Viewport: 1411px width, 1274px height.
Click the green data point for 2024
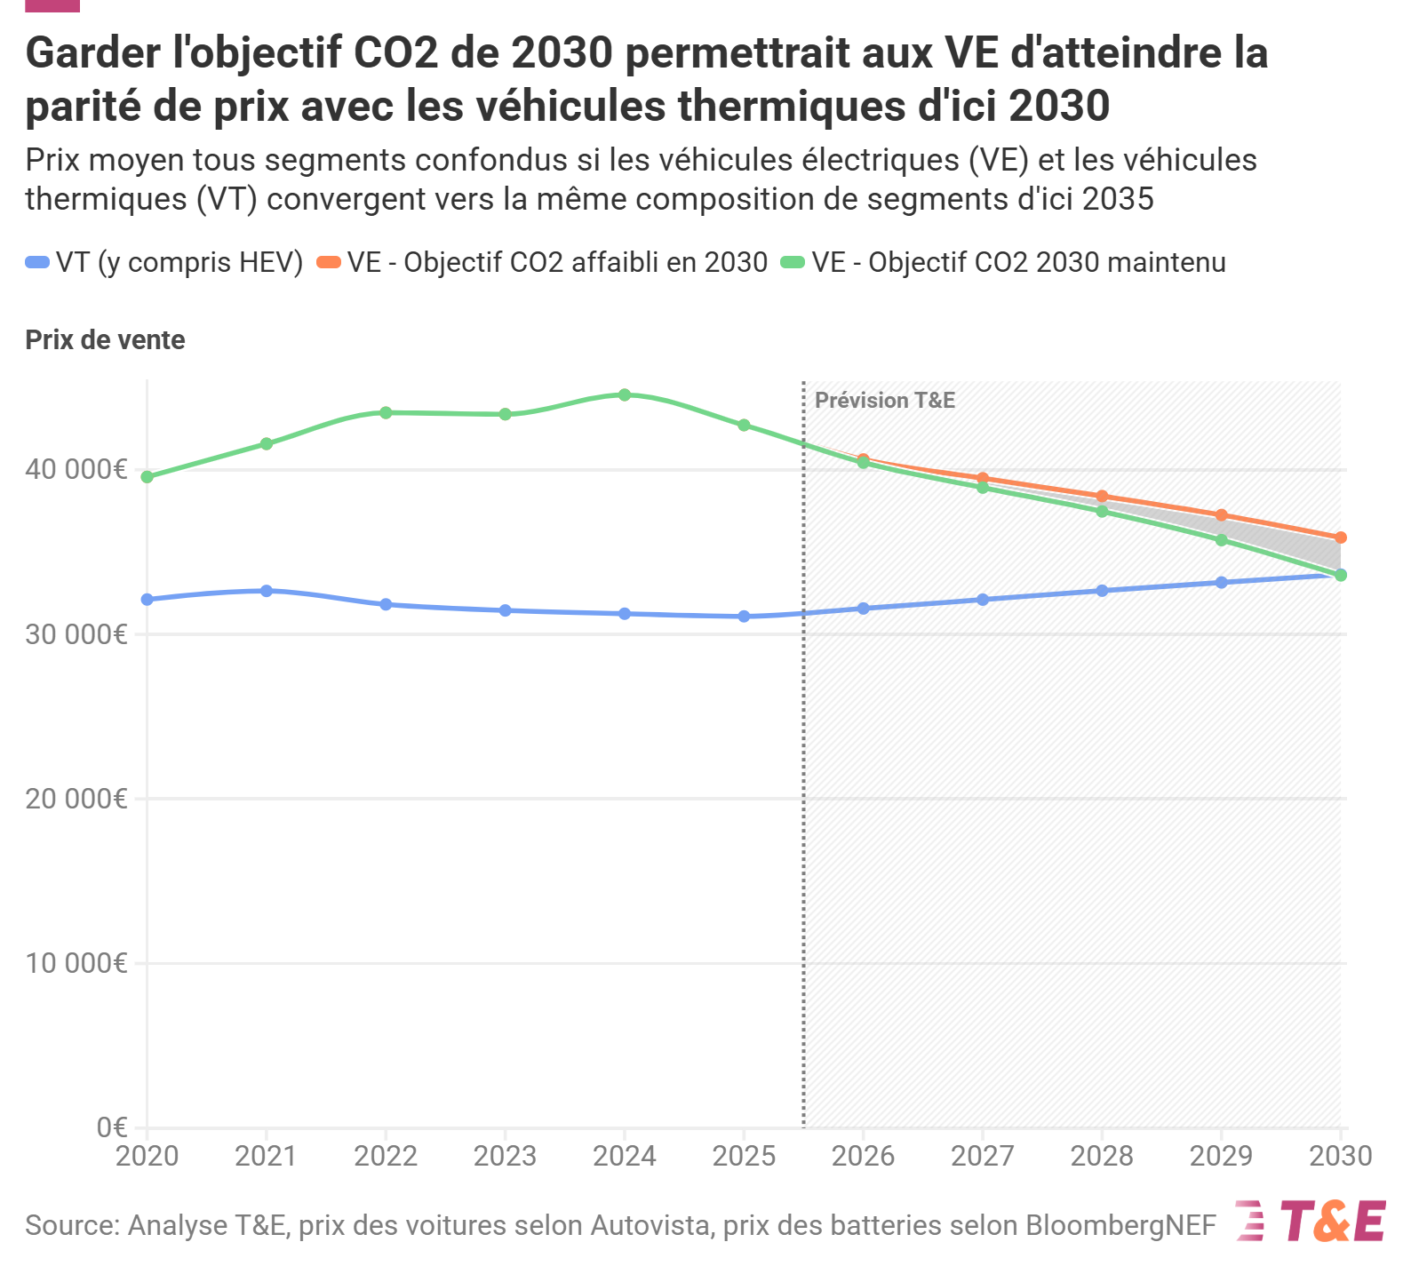(625, 394)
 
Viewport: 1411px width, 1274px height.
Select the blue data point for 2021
(267, 591)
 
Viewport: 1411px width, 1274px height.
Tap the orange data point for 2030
(1341, 537)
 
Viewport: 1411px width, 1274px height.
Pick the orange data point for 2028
(1102, 496)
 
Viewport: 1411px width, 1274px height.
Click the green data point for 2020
(147, 477)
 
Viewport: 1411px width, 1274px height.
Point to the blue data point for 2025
(744, 617)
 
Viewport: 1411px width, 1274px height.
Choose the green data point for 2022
(386, 412)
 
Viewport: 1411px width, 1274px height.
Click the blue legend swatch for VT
(37, 263)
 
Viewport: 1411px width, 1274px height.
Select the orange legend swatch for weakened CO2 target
(329, 263)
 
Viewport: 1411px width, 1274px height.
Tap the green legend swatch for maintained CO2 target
(793, 263)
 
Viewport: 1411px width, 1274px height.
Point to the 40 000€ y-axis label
(76, 469)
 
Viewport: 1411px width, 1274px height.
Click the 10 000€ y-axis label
(76, 963)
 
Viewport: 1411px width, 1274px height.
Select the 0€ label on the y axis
(112, 1127)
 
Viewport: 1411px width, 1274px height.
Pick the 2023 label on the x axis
(505, 1156)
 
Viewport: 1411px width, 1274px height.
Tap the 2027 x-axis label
(983, 1156)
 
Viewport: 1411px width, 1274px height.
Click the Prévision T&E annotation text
(885, 401)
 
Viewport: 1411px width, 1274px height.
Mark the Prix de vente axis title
(105, 340)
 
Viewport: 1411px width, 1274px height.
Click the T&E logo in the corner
(1311, 1222)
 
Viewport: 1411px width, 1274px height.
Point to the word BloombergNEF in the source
(1120, 1225)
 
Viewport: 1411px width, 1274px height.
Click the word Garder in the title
(92, 53)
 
